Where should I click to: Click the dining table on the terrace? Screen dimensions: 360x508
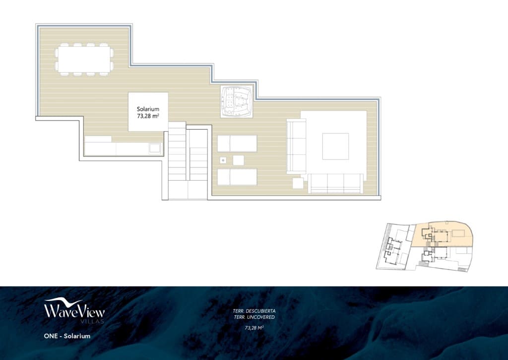(84, 59)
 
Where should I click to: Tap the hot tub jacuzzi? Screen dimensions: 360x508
(236, 101)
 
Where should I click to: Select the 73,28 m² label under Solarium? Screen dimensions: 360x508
(148, 117)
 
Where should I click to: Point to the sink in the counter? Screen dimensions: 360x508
(155, 147)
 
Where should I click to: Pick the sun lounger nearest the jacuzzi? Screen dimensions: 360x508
(237, 143)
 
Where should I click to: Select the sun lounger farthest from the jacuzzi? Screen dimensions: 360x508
(237, 177)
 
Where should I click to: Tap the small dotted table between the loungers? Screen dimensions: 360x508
(223, 160)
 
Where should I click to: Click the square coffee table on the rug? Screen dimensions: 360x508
(335, 146)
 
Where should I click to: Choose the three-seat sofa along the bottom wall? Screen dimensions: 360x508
(335, 183)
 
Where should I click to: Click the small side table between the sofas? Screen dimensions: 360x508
(298, 183)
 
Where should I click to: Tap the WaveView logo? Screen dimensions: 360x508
(74, 309)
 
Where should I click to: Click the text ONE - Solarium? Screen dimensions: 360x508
(67, 336)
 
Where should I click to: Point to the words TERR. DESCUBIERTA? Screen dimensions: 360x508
(254, 311)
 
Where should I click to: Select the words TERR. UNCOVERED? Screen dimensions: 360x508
(254, 317)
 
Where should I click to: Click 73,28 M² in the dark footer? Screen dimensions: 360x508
(254, 328)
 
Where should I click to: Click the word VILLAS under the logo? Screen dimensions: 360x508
(75, 322)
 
